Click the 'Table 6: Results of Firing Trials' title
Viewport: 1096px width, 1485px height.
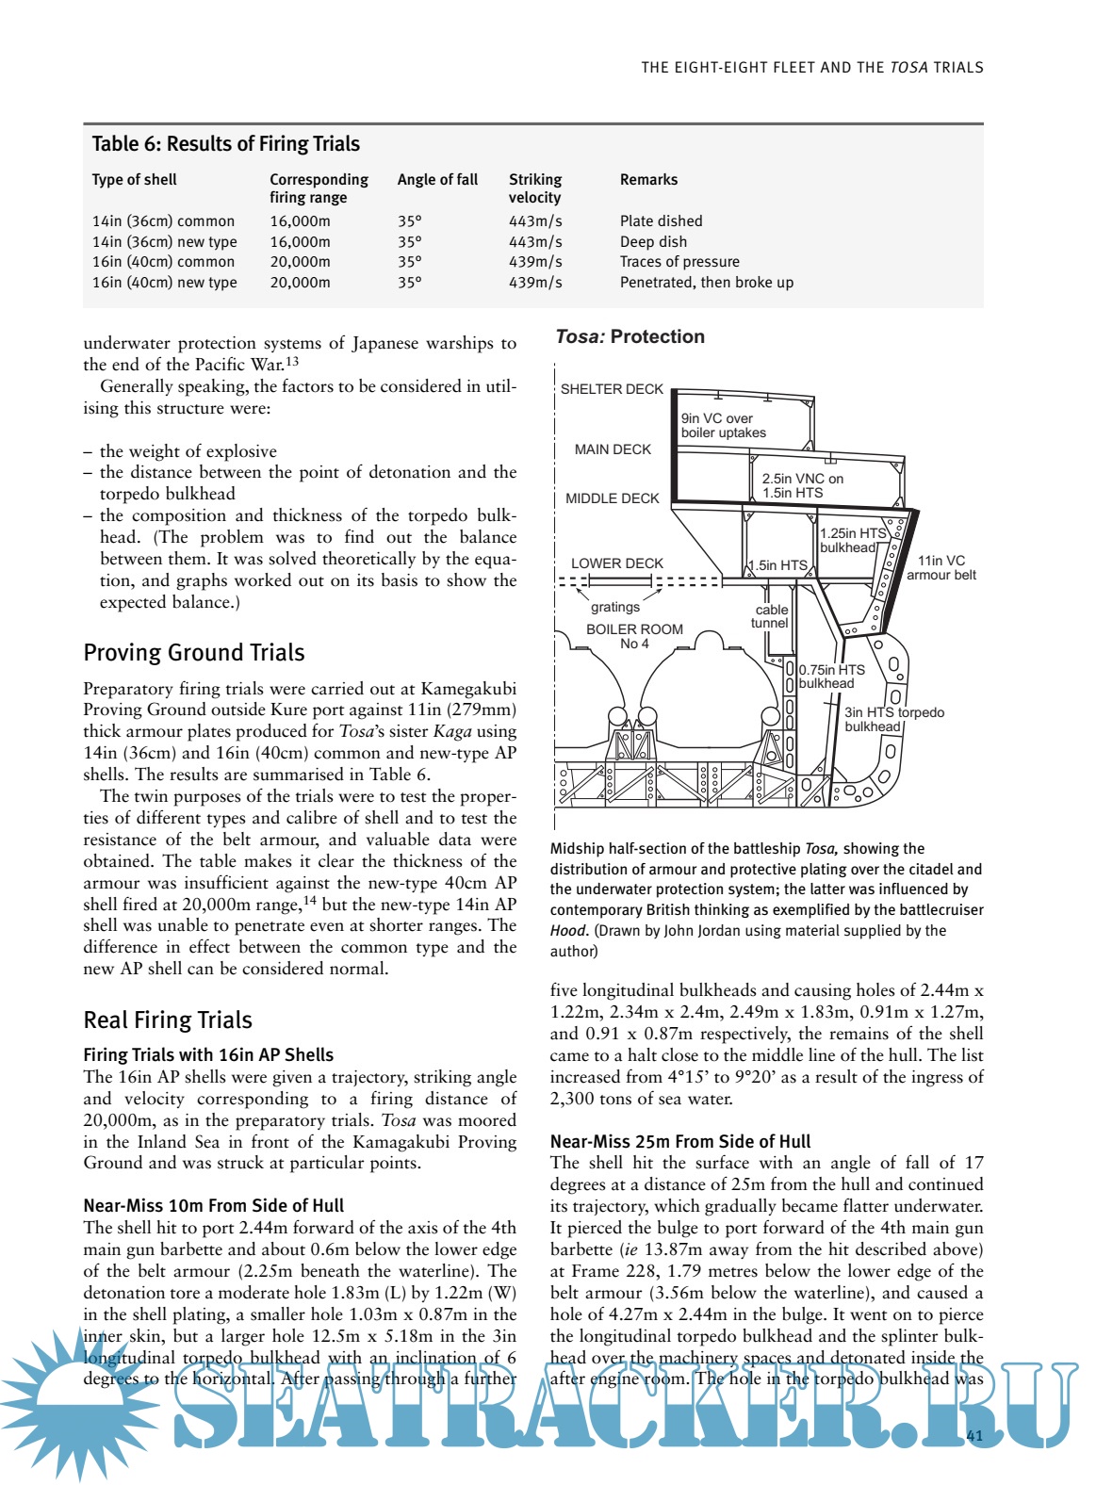(x=225, y=144)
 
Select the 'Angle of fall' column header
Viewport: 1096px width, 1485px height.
(x=437, y=180)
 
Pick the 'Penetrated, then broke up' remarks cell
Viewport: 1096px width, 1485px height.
(x=706, y=283)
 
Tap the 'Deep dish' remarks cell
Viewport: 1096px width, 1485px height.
(x=653, y=242)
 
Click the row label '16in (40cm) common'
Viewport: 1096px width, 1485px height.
(x=163, y=262)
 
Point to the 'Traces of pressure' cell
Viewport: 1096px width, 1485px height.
(x=679, y=262)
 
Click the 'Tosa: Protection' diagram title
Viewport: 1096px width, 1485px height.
(x=630, y=337)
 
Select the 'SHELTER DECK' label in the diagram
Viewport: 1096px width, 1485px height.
(x=612, y=389)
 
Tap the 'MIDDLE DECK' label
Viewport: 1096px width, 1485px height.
(x=612, y=498)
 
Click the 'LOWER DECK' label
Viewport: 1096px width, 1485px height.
(x=616, y=563)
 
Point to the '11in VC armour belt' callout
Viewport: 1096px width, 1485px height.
(x=941, y=568)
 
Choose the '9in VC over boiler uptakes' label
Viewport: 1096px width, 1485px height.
(x=724, y=426)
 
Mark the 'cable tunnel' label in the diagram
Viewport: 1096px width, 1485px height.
(x=770, y=616)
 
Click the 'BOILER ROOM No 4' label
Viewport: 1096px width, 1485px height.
(x=634, y=636)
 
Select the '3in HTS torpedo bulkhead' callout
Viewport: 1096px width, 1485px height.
(x=892, y=719)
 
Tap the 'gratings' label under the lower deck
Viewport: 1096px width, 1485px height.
(x=614, y=608)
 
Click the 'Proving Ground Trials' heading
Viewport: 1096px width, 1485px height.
(x=193, y=653)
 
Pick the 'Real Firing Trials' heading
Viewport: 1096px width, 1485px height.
(x=168, y=1020)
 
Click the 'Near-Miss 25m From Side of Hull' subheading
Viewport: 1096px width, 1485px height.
(x=679, y=1142)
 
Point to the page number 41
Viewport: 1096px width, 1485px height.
(x=974, y=1436)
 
